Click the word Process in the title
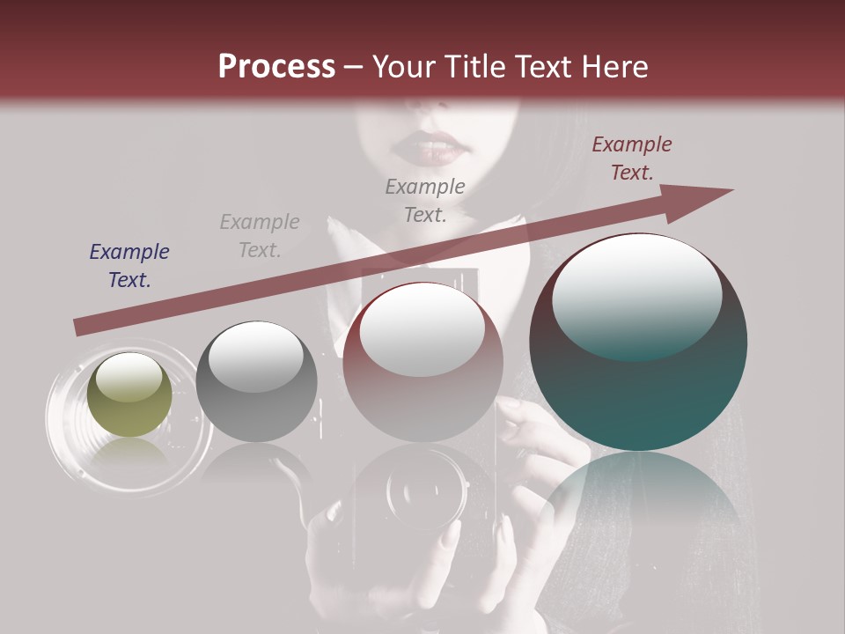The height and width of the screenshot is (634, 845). coord(276,67)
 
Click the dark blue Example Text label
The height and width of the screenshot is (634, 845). coord(129,266)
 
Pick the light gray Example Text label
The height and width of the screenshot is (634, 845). coord(260,236)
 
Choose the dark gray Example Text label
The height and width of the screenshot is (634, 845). coord(425,200)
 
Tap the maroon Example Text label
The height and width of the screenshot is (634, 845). coord(631,158)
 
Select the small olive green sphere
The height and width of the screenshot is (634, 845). coord(129,394)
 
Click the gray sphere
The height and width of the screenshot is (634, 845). coord(256,382)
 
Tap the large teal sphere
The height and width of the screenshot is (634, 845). coord(638,342)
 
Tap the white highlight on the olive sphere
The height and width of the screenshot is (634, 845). coord(129,376)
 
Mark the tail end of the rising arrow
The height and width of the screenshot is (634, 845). coord(81,327)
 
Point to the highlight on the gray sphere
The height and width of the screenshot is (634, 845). coord(255,357)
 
